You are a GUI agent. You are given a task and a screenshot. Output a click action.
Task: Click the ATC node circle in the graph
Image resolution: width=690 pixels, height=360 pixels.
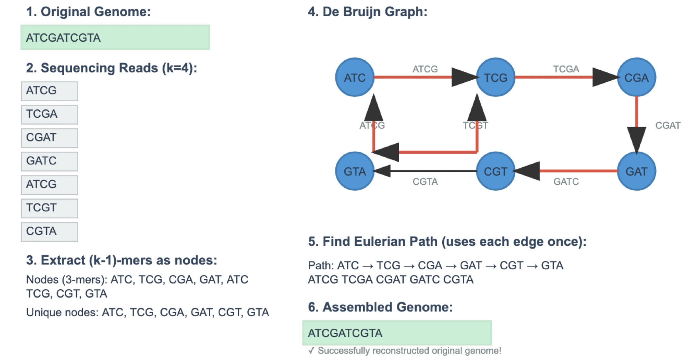tap(355, 77)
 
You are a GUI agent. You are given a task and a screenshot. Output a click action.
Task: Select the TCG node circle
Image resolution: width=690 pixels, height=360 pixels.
tap(495, 77)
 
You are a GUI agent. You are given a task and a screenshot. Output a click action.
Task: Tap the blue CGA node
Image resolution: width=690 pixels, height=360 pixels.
tap(636, 77)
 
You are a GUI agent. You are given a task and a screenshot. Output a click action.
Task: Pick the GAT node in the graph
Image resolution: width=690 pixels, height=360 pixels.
tap(636, 171)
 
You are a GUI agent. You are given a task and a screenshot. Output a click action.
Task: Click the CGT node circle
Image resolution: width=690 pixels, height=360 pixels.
tap(495, 171)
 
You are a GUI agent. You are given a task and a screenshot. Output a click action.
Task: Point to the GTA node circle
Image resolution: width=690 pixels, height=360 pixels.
tap(355, 171)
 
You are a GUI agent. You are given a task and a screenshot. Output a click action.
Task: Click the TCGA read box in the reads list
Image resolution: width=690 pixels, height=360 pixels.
tap(49, 114)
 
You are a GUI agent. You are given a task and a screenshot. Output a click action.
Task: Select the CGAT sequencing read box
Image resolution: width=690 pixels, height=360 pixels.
tap(49, 138)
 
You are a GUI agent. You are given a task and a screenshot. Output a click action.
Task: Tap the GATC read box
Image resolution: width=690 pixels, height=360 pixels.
tap(49, 161)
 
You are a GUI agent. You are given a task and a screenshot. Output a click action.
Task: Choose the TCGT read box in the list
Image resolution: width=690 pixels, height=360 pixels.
tap(49, 208)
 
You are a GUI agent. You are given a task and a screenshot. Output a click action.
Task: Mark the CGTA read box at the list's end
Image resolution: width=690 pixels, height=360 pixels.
tap(49, 232)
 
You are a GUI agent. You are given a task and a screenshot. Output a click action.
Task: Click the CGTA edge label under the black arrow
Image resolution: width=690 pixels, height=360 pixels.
tap(425, 182)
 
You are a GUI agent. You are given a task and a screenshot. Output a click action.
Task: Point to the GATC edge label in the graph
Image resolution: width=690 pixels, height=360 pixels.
tap(566, 182)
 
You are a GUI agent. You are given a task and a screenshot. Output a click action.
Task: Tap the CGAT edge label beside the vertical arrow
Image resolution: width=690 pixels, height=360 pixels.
tap(668, 126)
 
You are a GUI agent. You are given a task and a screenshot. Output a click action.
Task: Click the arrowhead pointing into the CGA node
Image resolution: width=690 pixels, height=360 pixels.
tap(605, 77)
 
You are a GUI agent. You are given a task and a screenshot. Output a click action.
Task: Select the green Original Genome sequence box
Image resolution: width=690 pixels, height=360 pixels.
tap(115, 37)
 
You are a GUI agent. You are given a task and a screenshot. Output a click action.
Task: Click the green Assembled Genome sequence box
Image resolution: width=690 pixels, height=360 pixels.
tap(397, 333)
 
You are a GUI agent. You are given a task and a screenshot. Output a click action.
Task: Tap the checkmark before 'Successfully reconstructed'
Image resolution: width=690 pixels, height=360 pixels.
tap(312, 351)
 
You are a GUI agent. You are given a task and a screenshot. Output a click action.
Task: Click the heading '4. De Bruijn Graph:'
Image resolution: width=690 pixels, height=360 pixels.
tap(367, 12)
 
